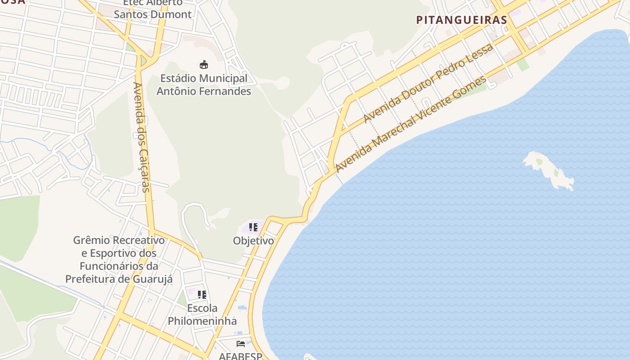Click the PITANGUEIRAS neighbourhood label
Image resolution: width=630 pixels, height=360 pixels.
click(462, 20)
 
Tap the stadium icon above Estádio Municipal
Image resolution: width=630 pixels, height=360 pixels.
click(204, 64)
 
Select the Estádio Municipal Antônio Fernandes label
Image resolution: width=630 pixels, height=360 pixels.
click(204, 85)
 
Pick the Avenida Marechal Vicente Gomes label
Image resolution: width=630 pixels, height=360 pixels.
click(411, 124)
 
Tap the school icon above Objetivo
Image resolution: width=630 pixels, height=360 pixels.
click(253, 227)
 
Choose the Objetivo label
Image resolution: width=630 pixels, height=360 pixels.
click(253, 241)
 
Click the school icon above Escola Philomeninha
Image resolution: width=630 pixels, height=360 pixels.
click(202, 295)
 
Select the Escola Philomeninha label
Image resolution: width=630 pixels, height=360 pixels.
click(202, 315)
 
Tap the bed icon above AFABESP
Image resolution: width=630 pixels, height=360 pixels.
click(241, 344)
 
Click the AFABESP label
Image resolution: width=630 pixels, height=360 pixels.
click(240, 356)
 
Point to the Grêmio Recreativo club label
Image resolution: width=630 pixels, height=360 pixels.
click(119, 260)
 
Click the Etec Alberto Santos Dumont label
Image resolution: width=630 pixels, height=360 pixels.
click(153, 9)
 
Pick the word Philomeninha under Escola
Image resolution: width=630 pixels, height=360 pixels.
click(202, 321)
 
